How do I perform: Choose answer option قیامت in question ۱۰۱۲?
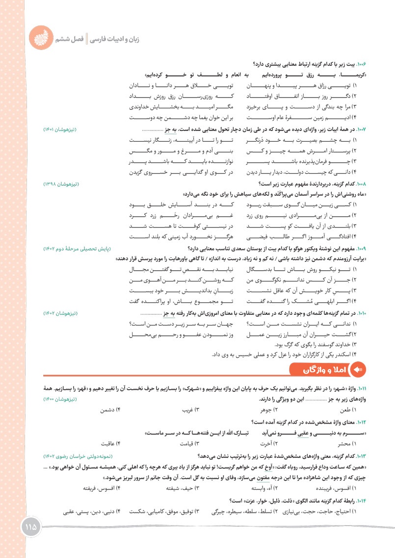coord(189,443)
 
